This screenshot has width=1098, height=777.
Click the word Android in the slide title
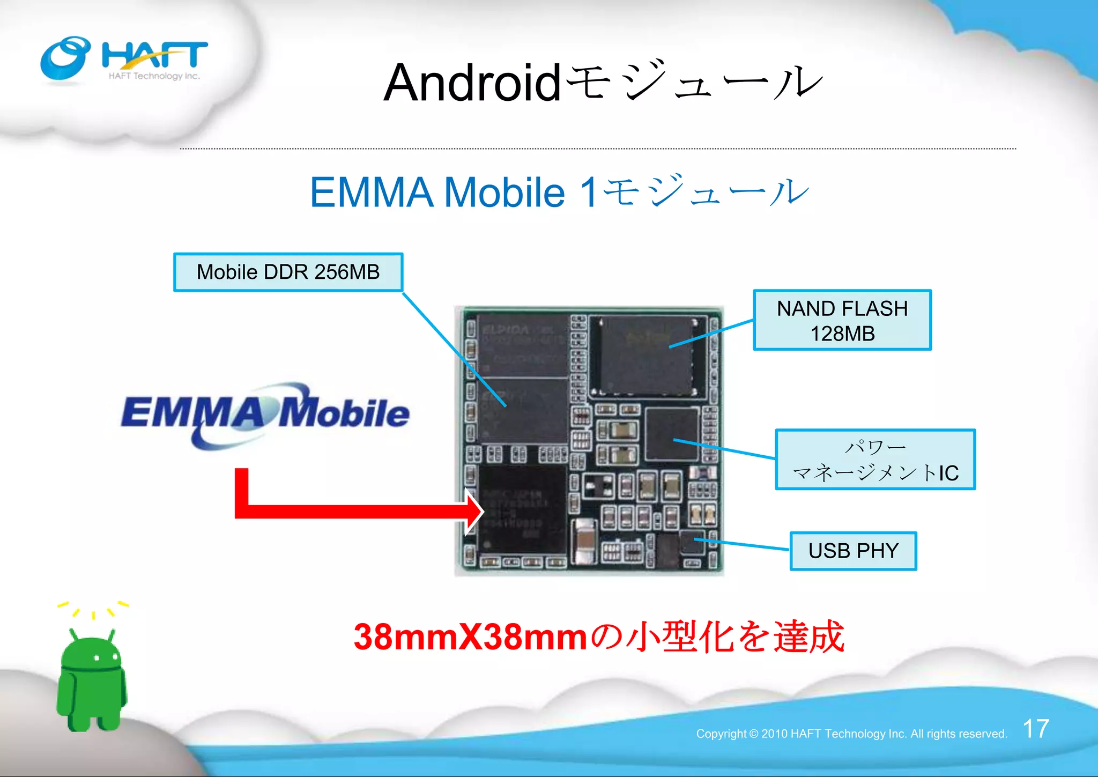[472, 83]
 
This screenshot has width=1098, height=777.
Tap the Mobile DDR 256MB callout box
[288, 272]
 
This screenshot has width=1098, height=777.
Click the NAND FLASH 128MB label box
[842, 320]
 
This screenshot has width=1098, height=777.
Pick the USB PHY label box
[853, 551]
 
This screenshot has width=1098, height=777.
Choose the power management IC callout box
[875, 460]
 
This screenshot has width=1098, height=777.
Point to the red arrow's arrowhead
[474, 511]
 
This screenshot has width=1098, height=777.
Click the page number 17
[1036, 729]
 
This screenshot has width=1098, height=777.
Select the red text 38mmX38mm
[470, 637]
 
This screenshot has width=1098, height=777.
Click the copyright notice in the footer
[851, 734]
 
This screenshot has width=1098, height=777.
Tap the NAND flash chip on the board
[647, 356]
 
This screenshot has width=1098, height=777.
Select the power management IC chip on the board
[672, 433]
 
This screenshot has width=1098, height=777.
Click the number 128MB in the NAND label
[842, 334]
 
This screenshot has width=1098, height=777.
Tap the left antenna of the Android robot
[74, 634]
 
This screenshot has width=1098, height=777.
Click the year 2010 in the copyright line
[774, 734]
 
